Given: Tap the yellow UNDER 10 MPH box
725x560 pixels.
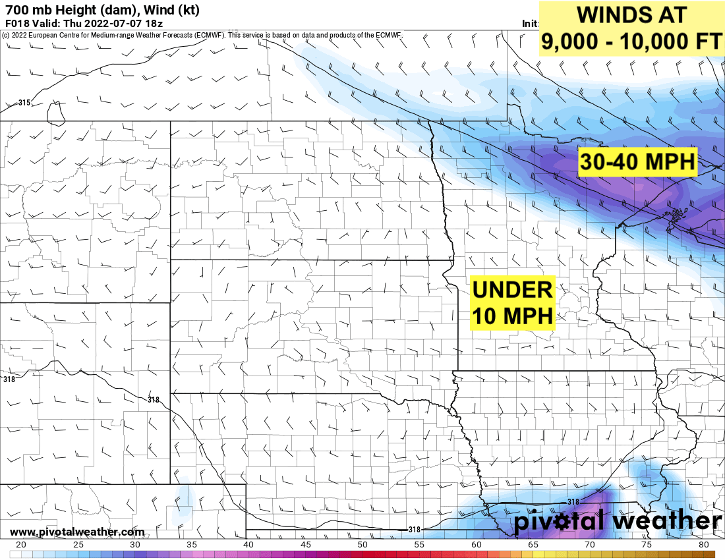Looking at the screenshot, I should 513,302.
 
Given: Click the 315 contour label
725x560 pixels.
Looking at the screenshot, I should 24,103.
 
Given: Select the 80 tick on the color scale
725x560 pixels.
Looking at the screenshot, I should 704,545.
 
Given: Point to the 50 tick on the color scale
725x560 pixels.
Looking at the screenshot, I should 362,545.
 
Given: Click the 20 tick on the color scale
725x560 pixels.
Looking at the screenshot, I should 21,545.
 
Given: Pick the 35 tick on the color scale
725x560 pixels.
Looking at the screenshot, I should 192,545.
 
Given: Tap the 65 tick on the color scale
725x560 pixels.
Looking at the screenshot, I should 533,545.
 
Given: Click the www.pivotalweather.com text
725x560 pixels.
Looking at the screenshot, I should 77,532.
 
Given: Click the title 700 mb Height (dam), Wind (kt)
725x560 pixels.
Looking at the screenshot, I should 101,10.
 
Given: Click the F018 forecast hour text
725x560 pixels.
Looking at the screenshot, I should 16,23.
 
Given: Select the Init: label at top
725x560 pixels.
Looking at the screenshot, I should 530,23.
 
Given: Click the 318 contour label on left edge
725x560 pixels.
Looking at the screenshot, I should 9,379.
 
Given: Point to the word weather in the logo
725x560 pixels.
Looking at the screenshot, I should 666,521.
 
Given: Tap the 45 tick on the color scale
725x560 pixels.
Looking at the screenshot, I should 306,545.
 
